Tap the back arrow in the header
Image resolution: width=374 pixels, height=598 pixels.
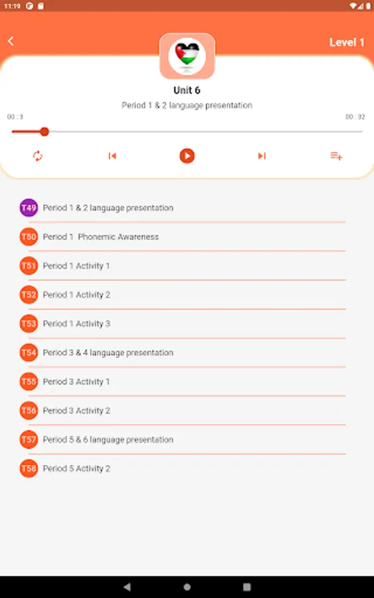tap(11, 41)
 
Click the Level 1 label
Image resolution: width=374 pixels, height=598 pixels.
tap(347, 43)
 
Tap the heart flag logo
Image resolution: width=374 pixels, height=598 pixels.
tap(187, 56)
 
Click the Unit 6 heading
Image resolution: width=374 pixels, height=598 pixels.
tap(187, 90)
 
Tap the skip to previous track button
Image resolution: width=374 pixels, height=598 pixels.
tap(112, 155)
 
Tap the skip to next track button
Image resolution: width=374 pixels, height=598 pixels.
tap(262, 155)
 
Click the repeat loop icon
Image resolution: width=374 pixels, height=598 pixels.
tap(37, 155)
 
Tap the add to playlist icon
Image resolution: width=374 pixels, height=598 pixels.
tap(336, 155)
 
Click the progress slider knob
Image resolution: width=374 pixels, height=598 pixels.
tap(45, 132)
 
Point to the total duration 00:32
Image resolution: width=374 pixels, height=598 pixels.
tap(355, 117)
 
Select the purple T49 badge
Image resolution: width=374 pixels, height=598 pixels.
tap(29, 208)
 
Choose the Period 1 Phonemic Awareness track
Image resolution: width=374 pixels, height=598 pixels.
tap(101, 237)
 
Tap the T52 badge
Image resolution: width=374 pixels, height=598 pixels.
tap(29, 295)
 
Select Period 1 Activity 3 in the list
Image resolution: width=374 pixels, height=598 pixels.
tap(76, 324)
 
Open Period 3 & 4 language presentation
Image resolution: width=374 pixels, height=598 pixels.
tap(108, 353)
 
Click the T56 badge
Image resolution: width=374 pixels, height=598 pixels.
tap(29, 411)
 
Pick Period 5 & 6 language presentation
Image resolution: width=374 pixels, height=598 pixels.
tap(108, 440)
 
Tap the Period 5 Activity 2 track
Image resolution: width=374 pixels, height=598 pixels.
tap(76, 468)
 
